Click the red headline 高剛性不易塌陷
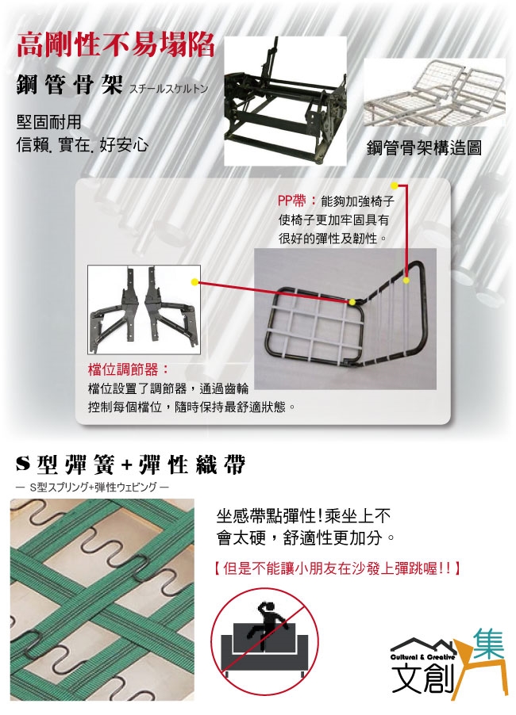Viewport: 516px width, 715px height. tap(116, 46)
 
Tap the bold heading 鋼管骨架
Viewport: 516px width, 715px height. tap(70, 85)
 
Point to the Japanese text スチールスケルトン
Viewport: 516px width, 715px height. tap(168, 89)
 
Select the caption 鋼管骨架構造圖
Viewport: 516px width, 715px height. tap(424, 147)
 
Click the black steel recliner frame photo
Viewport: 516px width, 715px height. tap(285, 101)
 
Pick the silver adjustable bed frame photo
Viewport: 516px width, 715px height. tap(435, 93)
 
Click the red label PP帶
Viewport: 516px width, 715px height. tap(292, 201)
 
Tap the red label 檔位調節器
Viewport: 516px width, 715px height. tap(129, 369)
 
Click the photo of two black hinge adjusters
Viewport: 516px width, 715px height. tap(144, 310)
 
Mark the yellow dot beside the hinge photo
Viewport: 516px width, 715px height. tap(195, 282)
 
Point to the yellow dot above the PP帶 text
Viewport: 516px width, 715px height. tap(394, 185)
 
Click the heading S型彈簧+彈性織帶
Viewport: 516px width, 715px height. tap(131, 465)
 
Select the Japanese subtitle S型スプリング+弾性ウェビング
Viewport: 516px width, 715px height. tap(92, 487)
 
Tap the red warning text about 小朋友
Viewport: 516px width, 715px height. tap(337, 568)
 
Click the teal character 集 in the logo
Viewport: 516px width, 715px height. tap(488, 644)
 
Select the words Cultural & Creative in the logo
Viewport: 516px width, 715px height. tap(422, 657)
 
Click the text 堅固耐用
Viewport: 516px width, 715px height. tap(49, 122)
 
